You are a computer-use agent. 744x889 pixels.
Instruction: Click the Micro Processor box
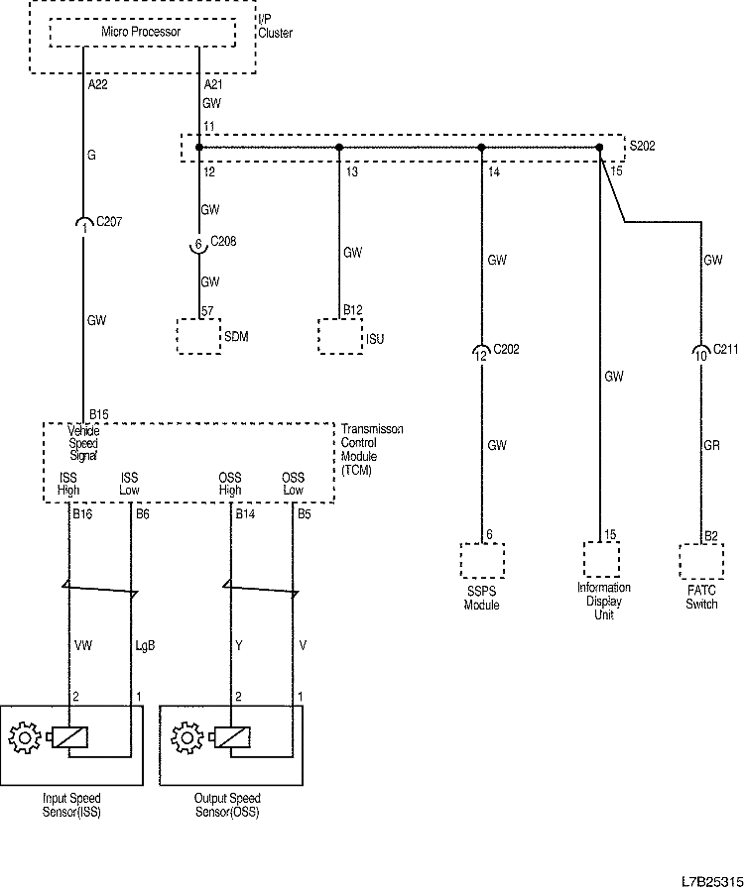click(x=142, y=33)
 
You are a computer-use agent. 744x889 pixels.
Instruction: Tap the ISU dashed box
click(x=338, y=336)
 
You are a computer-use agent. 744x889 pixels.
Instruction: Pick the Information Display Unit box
click(x=601, y=560)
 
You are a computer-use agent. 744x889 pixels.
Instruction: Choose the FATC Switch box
click(x=702, y=560)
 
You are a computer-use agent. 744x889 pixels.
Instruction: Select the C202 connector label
click(x=506, y=349)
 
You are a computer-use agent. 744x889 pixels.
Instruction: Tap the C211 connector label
click(x=727, y=349)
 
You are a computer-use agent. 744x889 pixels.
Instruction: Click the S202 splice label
click(x=644, y=146)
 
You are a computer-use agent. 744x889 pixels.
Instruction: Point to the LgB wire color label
click(x=145, y=645)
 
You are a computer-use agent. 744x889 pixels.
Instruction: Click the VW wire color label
click(x=84, y=645)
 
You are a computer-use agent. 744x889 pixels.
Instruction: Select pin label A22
click(x=97, y=86)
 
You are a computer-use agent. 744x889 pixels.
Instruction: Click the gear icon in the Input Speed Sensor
click(x=23, y=738)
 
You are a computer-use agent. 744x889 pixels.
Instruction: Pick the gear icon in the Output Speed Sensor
click(x=184, y=738)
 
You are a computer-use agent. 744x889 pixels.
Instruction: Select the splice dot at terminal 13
click(x=339, y=147)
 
